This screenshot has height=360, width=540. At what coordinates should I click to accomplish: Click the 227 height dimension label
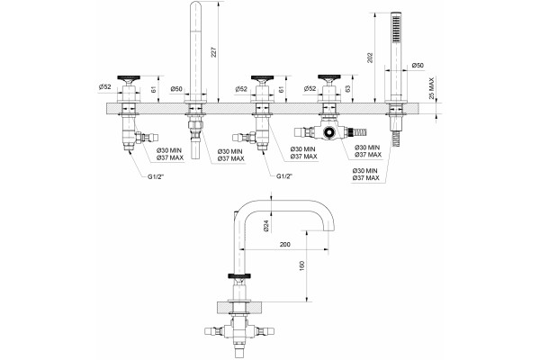[213, 52]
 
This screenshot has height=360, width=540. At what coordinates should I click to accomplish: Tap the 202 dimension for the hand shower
[370, 58]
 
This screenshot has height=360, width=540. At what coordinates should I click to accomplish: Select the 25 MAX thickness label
[431, 88]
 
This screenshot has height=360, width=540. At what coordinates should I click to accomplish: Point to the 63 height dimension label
[347, 89]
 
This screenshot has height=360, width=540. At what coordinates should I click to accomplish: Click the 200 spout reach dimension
[284, 245]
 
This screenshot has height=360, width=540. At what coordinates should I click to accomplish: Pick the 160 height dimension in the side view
[302, 266]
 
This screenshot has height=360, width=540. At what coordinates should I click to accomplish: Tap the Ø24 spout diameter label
[265, 226]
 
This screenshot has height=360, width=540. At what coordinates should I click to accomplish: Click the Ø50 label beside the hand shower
[418, 65]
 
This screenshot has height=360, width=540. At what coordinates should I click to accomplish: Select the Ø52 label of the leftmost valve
[104, 87]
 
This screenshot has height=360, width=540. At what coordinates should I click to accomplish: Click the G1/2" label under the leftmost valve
[157, 176]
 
